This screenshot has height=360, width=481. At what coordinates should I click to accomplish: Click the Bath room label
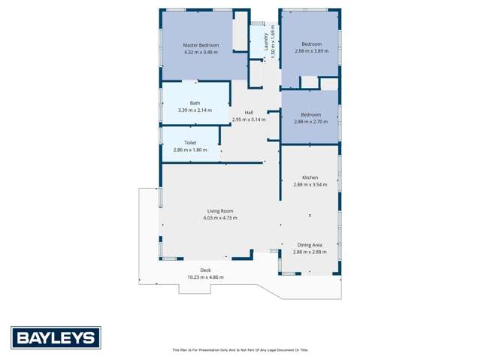pyautogui.click(x=195, y=103)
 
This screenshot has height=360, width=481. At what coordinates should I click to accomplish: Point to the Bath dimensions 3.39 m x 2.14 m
pyautogui.click(x=195, y=110)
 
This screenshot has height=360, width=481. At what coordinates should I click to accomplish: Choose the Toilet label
pyautogui.click(x=190, y=142)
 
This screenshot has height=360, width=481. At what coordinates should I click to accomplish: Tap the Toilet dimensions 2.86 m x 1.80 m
pyautogui.click(x=190, y=150)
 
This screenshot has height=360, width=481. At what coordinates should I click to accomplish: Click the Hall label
pyautogui.click(x=249, y=113)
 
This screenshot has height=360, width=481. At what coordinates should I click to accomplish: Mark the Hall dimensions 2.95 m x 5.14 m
pyautogui.click(x=249, y=119)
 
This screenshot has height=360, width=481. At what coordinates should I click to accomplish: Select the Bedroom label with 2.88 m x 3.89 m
pyautogui.click(x=311, y=44)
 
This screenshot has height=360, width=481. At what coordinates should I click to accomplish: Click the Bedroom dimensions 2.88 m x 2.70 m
pyautogui.click(x=311, y=122)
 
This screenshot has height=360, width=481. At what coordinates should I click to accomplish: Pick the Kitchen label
pyautogui.click(x=310, y=177)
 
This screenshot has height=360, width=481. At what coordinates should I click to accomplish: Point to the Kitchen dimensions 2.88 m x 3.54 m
pyautogui.click(x=310, y=185)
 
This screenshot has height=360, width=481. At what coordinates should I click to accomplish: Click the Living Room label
pyautogui.click(x=220, y=210)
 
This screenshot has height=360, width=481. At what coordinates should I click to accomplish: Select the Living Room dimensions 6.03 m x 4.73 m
pyautogui.click(x=220, y=218)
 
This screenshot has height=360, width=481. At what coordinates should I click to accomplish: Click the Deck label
pyautogui.click(x=205, y=270)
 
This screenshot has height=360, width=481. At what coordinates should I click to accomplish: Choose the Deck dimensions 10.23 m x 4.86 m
pyautogui.click(x=205, y=277)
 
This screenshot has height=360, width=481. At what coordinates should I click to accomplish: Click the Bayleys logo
pyautogui.click(x=56, y=337)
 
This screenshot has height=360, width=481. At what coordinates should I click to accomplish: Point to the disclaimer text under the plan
pyautogui.click(x=240, y=350)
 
